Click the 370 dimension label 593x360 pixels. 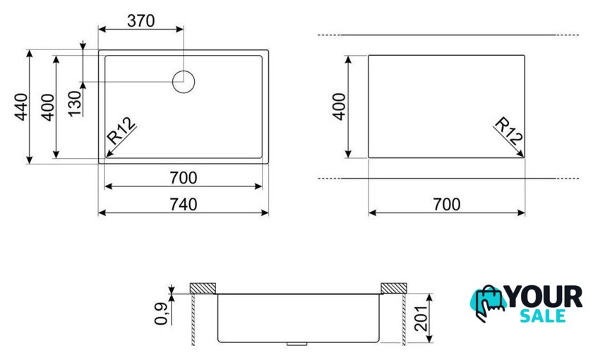pos(140,20)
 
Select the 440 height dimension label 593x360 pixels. pos(22,107)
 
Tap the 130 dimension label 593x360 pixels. pos(76,103)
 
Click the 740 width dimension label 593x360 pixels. pos(184,204)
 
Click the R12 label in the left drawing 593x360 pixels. pos(121,131)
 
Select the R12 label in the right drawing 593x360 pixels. pos(509,131)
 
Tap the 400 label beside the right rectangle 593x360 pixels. pos(340,107)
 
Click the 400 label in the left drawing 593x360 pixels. pos(48,107)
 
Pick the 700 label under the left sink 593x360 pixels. pos(184,177)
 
